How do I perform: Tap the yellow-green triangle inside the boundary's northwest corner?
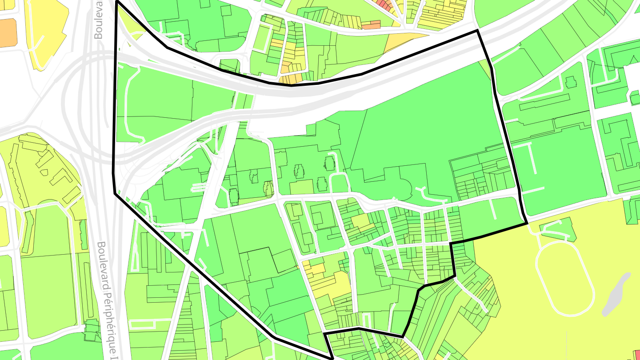tap(129, 27)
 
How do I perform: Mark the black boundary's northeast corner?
tap(477, 31)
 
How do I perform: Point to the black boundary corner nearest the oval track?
tap(527, 223)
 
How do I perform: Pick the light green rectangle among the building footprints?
tap(302, 187)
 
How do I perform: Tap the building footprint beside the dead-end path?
tap(570, 82)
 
